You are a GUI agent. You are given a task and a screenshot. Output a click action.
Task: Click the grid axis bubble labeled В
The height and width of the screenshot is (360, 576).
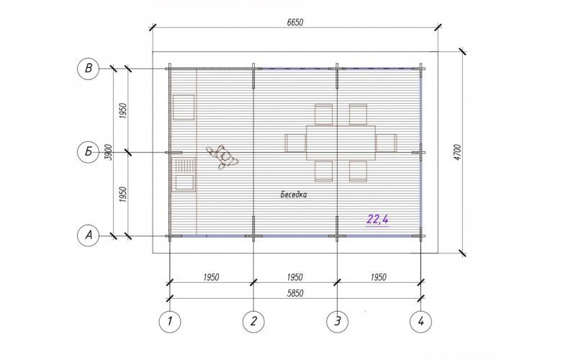tap(89, 68)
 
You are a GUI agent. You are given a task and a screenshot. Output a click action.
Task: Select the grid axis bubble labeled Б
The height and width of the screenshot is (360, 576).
tap(89, 152)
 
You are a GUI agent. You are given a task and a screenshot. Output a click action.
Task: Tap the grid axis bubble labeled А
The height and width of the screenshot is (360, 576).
tap(89, 235)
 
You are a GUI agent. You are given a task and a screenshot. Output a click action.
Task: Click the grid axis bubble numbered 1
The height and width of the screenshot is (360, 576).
tap(170, 321)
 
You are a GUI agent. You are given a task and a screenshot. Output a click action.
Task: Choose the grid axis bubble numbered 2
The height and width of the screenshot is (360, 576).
tap(253, 321)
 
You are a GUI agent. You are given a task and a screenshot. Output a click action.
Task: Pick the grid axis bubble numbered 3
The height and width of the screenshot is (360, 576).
tap(337, 321)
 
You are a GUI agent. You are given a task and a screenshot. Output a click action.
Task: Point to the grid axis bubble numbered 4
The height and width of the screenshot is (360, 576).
tap(421, 321)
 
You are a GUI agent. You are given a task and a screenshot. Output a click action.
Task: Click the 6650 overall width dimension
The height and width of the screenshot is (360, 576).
tap(295, 22)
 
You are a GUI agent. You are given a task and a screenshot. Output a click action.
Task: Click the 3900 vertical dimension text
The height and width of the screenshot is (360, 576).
tap(109, 152)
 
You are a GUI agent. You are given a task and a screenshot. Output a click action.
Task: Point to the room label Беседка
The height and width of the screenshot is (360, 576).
tap(294, 194)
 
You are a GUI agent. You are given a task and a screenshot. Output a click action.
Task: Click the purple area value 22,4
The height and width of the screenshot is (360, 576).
tap(377, 220)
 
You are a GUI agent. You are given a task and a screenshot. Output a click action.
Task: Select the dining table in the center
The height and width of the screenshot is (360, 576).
tap(341, 143)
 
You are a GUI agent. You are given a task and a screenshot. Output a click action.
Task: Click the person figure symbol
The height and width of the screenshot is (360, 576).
tap(222, 157)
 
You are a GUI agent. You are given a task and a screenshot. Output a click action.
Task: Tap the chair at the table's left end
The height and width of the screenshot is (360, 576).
tap(295, 143)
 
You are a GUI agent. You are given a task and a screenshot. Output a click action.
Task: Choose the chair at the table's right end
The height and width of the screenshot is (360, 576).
tap(386, 143)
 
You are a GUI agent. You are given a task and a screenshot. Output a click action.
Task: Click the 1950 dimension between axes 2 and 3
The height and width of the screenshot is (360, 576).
tap(295, 277)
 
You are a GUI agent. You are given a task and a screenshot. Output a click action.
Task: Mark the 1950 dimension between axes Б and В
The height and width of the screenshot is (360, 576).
tap(123, 111)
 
